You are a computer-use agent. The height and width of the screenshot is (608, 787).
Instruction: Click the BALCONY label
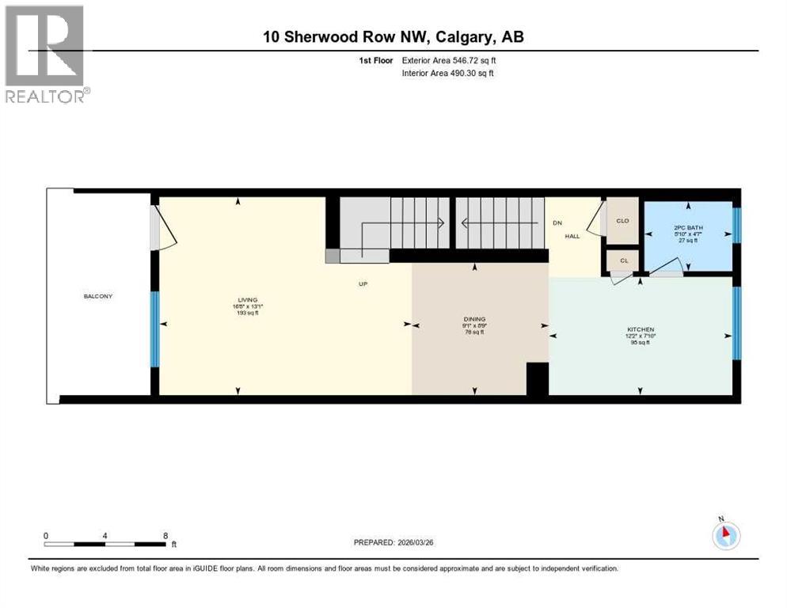point(98,296)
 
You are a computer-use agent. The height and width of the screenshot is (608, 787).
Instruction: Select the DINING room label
point(474,319)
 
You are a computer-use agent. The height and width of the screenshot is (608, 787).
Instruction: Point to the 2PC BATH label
point(687,228)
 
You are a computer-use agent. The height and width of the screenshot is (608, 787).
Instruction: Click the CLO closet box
point(622,221)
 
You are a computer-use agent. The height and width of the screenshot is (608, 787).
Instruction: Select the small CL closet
point(623,260)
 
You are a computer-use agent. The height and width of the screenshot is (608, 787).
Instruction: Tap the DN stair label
point(557,223)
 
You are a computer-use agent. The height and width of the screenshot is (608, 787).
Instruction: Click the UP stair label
point(363,283)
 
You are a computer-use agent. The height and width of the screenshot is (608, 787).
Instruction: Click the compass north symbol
point(725,536)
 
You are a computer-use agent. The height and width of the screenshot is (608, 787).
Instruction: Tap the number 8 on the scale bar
point(165,535)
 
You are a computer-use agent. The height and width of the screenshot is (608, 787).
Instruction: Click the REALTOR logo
point(45,55)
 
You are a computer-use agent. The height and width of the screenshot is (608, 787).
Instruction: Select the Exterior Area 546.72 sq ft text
point(450,60)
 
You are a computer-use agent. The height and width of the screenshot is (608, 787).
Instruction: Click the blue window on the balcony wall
point(155,329)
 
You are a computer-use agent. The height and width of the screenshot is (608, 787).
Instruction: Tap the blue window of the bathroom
point(736,225)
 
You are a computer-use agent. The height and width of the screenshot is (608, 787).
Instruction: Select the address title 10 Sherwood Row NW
point(393,36)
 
